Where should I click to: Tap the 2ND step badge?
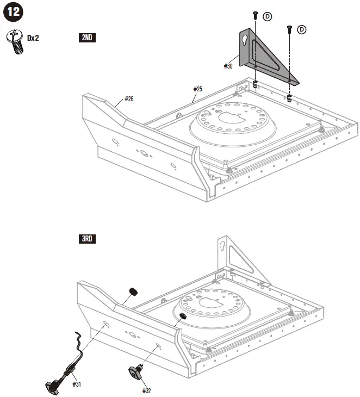tap(88, 38)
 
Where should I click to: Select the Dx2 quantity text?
tap(33, 38)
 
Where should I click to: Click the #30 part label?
tap(228, 66)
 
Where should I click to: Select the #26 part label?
tap(129, 99)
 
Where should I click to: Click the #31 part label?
tap(77, 384)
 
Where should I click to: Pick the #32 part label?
tap(146, 390)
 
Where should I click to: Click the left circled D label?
tap(268, 17)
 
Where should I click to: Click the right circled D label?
tap(302, 29)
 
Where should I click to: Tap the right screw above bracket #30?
tap(289, 27)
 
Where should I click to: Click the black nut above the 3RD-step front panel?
tap(131, 293)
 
